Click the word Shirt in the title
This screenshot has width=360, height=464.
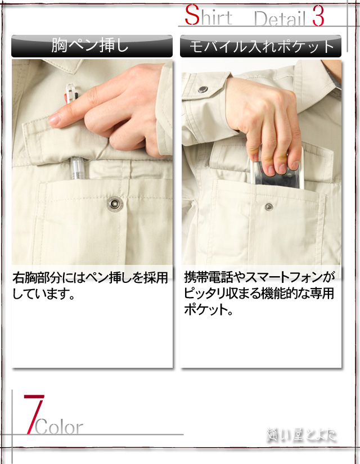tap(208, 17)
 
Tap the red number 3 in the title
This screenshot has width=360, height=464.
tap(317, 17)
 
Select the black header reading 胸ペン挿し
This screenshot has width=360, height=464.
tap(92, 46)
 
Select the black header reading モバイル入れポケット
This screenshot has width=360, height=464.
tap(260, 46)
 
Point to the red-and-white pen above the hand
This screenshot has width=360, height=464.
tap(70, 93)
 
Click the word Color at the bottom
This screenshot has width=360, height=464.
tap(59, 427)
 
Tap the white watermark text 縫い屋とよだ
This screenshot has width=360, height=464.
tap(301, 435)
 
